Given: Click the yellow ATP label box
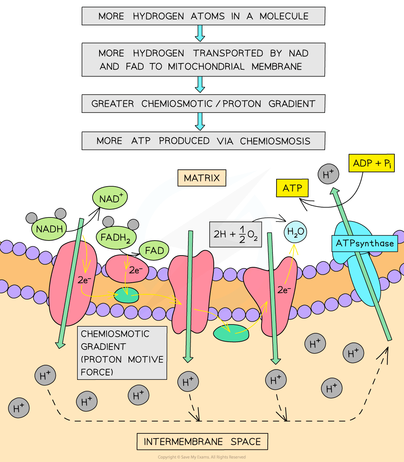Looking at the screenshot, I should point(292,188).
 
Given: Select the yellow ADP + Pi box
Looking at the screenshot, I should point(371,163).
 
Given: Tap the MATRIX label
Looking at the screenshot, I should point(202,178).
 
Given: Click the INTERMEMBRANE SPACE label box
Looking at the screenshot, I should point(202,441).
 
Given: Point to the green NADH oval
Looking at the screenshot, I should point(49,229).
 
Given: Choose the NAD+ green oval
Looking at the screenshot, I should point(110,198).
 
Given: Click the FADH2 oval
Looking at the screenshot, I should point(116,238).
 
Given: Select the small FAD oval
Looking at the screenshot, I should point(154,251).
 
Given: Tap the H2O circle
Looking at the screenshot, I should point(295,232).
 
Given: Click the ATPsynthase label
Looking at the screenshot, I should point(364,243).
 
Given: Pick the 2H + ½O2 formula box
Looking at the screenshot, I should point(235,234).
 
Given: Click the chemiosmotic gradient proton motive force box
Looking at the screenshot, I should point(122,353).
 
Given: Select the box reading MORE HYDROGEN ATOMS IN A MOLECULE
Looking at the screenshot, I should point(203,16).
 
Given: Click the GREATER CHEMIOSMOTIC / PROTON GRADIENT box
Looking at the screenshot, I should point(203,104).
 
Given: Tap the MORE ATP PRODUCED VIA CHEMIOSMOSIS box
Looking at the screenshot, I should point(203,141).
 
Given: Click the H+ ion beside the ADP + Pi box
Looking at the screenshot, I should point(328,174).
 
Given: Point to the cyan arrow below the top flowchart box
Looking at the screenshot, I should point(200,33).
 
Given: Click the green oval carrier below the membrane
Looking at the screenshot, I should point(231,333).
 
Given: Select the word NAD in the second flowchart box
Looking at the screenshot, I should point(298,53).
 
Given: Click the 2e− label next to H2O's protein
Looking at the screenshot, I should point(284,290).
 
